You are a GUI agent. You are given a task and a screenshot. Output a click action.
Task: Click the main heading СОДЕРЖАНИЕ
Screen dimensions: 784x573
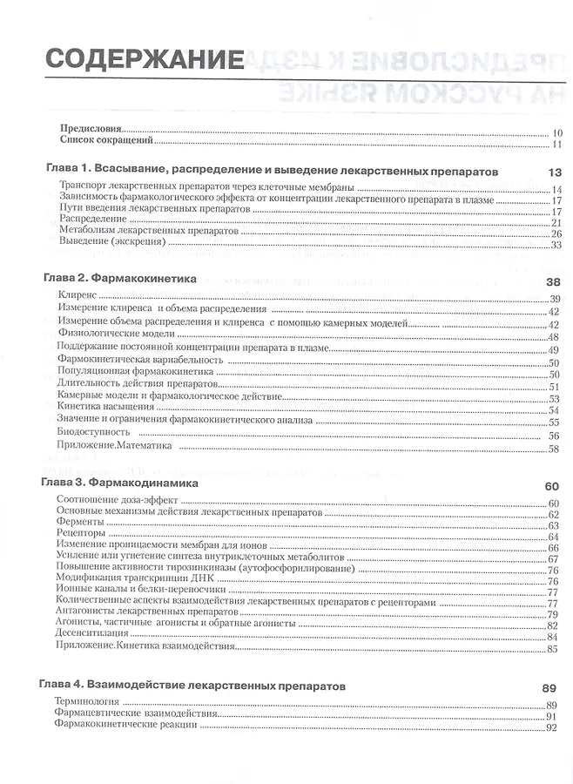point(145,60)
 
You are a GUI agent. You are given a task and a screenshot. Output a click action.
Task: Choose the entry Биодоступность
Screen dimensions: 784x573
point(95,434)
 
